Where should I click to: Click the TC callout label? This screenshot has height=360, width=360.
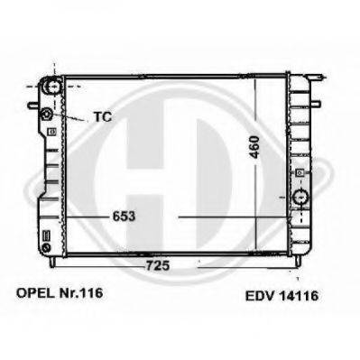pyautogui.click(x=103, y=116)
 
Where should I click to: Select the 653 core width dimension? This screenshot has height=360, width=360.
pyautogui.click(x=124, y=217)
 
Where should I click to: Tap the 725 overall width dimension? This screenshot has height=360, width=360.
pyautogui.click(x=158, y=265)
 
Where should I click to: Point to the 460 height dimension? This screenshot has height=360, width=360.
pyautogui.click(x=254, y=147)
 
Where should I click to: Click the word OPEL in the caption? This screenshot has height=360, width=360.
pyautogui.click(x=34, y=293)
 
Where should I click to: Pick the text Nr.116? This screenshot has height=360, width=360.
pyautogui.click(x=81, y=293)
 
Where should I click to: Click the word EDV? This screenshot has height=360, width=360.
pyautogui.click(x=260, y=296)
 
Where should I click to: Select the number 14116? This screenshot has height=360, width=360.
pyautogui.click(x=299, y=296)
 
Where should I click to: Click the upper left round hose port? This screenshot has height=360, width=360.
pyautogui.click(x=52, y=86)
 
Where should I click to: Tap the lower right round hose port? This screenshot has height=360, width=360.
pyautogui.click(x=300, y=197)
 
